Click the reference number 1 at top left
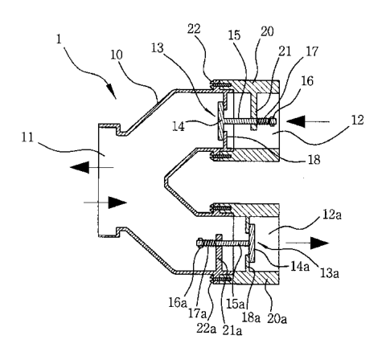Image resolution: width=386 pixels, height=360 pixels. tap(60, 39)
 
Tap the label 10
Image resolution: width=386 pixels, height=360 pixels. tap(117, 55)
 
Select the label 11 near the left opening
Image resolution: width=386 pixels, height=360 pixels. tap(27, 137)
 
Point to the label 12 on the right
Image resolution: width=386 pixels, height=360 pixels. tap(358, 120)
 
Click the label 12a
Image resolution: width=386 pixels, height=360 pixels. tap(332, 215)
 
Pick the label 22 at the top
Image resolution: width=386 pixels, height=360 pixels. tap(194, 28)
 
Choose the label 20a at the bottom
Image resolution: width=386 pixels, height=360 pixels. tap(277, 319)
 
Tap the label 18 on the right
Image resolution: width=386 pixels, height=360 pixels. tap(314, 160)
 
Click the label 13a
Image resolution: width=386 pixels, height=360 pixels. tap(329, 273)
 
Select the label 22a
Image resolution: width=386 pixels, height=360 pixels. tap(206, 329)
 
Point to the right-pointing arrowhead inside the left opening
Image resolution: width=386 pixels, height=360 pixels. tap(117, 202)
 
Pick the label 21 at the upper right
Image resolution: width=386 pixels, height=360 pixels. tap(285, 51)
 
